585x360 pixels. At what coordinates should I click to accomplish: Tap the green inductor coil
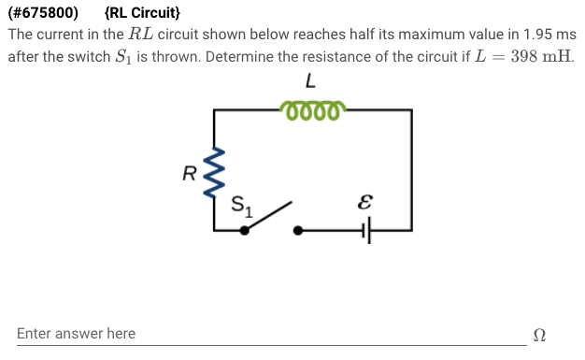pos(312,111)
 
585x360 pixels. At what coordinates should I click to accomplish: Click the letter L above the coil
pos(310,83)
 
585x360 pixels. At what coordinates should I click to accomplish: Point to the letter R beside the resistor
pos(189,172)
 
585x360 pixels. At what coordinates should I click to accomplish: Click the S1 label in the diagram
pos(242,203)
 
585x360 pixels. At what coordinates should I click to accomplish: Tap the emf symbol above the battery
pos(365,200)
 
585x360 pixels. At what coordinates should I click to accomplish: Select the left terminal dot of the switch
pos(244,229)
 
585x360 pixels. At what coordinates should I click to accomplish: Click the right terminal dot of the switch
pos(298,229)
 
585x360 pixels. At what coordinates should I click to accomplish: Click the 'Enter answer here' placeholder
pos(76,334)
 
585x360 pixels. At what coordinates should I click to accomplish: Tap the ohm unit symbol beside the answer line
pos(538,335)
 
